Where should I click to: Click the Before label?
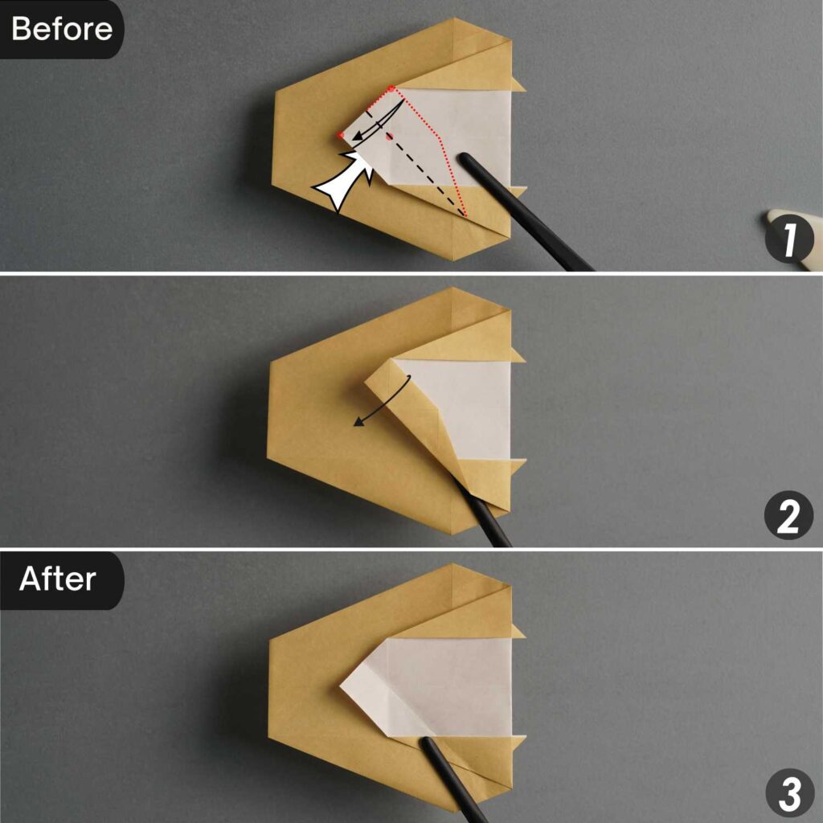pos(61,29)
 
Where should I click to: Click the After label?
pos(58,579)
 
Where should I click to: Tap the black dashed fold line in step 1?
pos(426,177)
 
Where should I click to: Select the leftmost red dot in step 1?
pos(341,134)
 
